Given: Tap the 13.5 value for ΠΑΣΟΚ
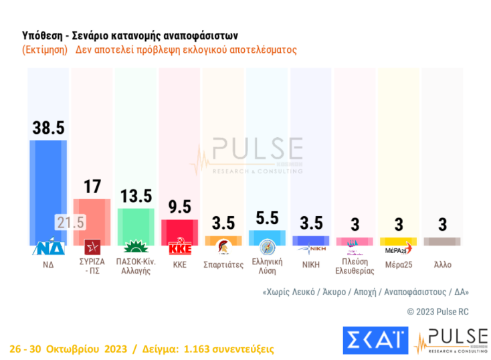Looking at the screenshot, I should (x=136, y=195).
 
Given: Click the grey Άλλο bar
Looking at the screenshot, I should (x=442, y=242).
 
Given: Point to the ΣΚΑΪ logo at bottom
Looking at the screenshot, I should (x=375, y=341).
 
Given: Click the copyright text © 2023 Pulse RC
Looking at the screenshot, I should (x=438, y=312).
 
